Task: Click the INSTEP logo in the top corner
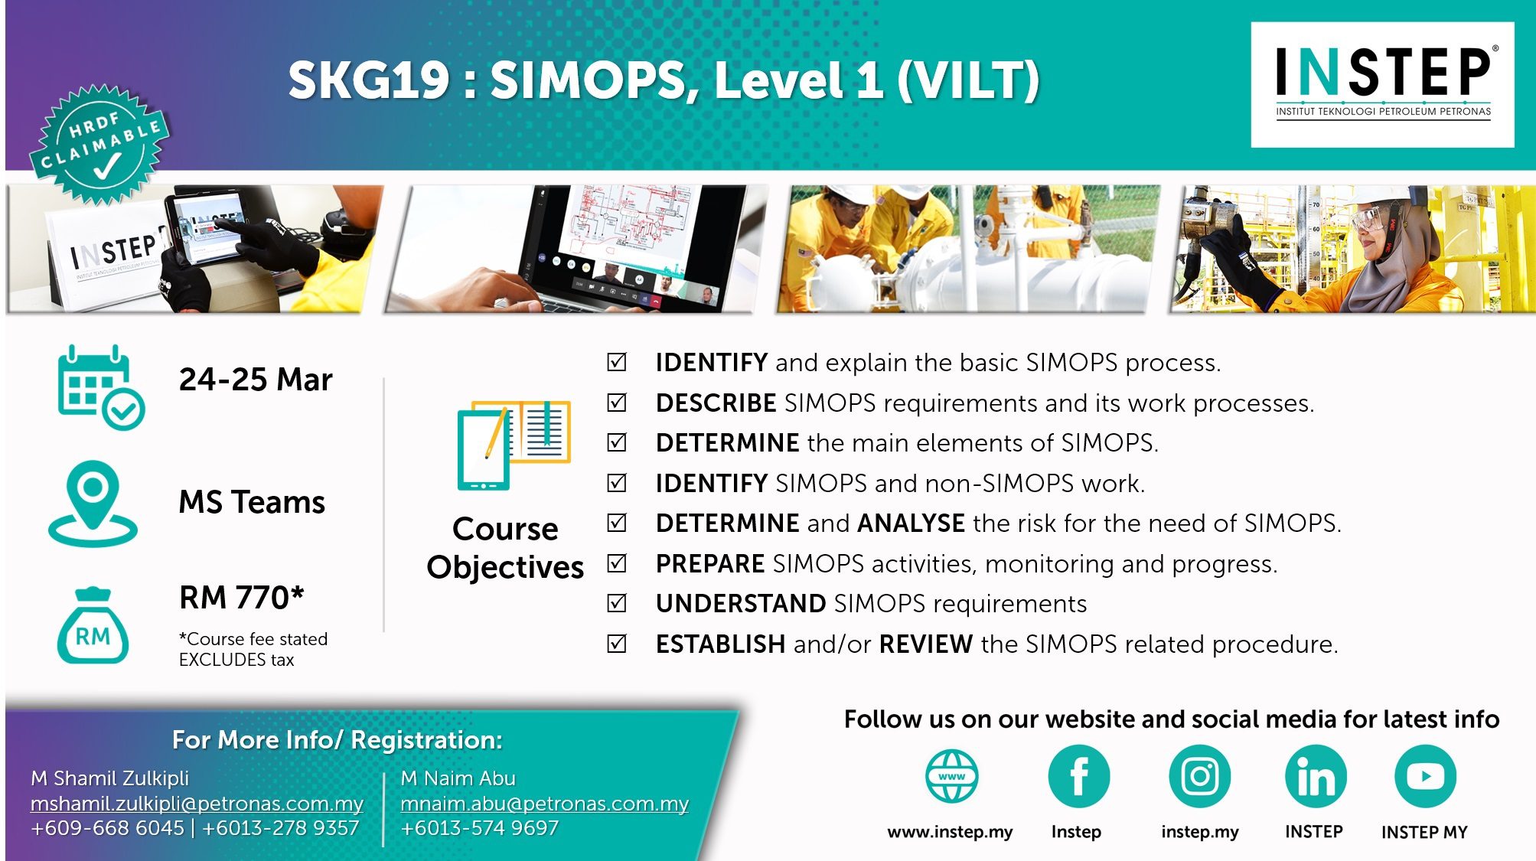(x=1382, y=84)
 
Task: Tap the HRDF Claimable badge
(x=99, y=145)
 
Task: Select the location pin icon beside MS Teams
(x=93, y=503)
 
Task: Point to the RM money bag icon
(x=93, y=625)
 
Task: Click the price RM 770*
(x=242, y=598)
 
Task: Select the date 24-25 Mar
(x=256, y=380)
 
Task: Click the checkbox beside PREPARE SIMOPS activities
(x=617, y=563)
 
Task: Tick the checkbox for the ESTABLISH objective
(x=617, y=644)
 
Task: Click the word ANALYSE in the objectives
(x=911, y=523)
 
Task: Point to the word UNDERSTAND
(x=741, y=604)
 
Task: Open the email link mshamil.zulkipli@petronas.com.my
(x=197, y=804)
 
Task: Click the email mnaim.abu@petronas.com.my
(x=544, y=804)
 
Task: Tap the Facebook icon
(x=1078, y=776)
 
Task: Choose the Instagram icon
(x=1199, y=776)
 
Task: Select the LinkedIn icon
(x=1316, y=776)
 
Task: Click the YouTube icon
(x=1425, y=776)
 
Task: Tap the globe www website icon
(x=951, y=776)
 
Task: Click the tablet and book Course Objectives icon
(x=514, y=445)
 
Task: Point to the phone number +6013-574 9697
(x=479, y=828)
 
